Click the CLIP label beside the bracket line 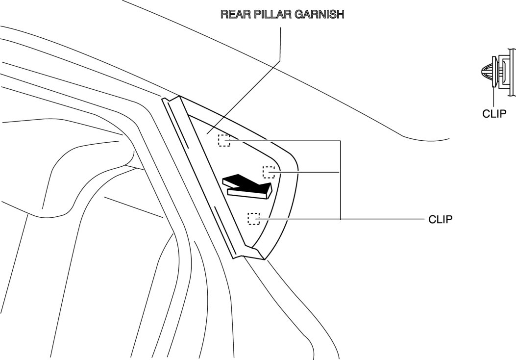(440, 219)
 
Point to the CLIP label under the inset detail (494, 114)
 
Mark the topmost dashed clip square (224, 140)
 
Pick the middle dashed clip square (269, 172)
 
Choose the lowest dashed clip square (253, 218)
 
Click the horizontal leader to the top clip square (284, 141)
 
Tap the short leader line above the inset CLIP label (493, 98)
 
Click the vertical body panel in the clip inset (511, 74)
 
